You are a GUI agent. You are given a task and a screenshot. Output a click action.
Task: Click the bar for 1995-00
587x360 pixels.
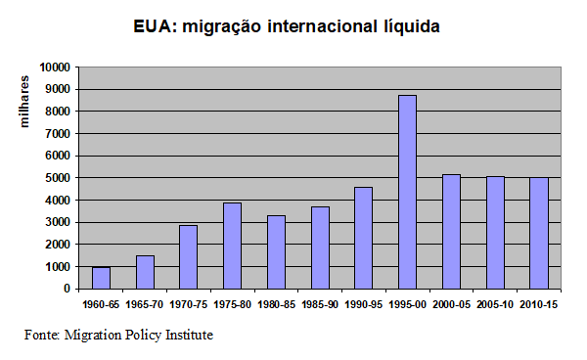tap(407, 192)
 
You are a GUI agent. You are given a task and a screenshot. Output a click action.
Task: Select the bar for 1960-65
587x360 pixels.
tap(101, 278)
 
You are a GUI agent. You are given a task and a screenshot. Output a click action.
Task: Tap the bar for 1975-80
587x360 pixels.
tap(232, 246)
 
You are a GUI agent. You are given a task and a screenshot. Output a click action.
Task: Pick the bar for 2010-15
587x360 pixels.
tap(538, 233)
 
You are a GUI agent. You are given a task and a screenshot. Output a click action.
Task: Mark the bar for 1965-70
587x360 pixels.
tap(145, 272)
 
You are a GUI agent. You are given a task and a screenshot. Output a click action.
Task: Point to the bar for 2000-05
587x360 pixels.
tap(451, 231)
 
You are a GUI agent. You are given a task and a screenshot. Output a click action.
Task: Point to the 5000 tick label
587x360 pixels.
tap(57, 178)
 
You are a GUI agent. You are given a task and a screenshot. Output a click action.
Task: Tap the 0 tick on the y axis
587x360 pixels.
tap(67, 289)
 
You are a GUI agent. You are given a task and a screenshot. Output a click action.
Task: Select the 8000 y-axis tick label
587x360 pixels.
tap(57, 112)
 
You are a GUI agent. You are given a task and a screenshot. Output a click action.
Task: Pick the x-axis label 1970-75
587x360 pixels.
tap(188, 305)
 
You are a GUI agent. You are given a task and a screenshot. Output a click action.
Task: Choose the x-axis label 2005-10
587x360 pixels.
tap(494, 305)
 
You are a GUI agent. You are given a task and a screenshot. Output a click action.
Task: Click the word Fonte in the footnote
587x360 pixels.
tap(42, 336)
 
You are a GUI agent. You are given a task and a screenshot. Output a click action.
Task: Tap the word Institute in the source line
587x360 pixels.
tap(186, 336)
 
